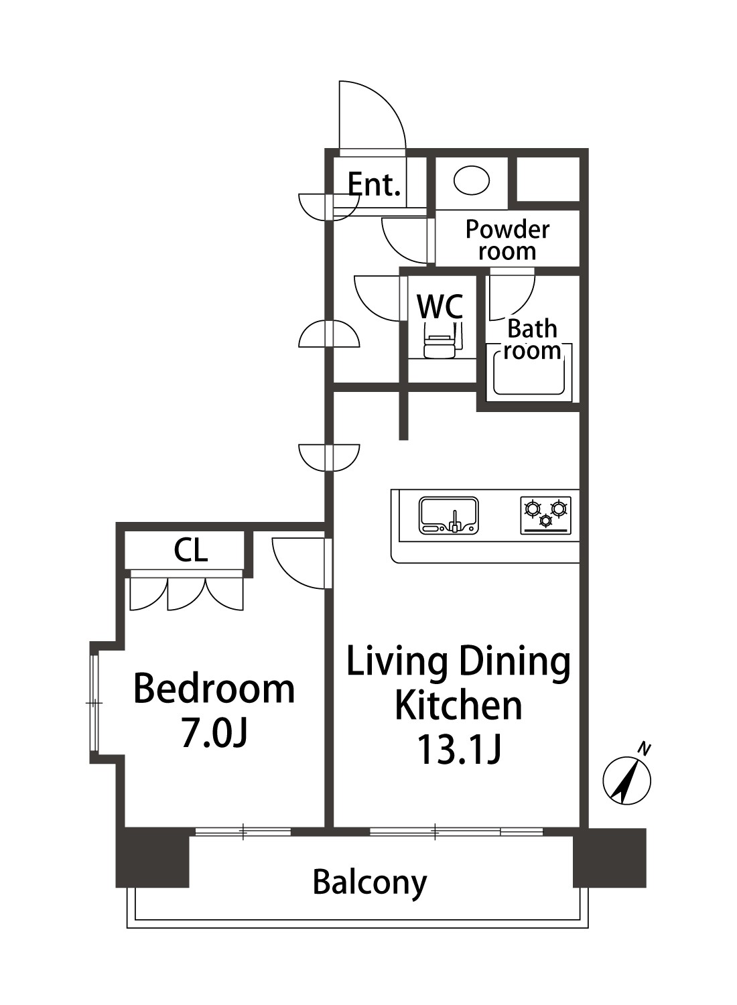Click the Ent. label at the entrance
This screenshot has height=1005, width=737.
[374, 184]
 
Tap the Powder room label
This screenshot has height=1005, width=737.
[507, 240]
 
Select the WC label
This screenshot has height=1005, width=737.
[440, 306]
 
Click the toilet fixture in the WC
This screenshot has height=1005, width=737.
[440, 341]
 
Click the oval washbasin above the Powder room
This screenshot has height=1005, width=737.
[471, 180]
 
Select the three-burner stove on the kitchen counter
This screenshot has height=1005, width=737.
[545, 515]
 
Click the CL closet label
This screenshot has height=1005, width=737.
[191, 551]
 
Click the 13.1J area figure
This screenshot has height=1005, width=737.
[458, 750]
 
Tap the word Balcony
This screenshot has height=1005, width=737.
[370, 882]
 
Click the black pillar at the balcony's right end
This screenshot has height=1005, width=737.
[610, 857]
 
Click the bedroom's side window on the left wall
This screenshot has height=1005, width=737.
[94, 702]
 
